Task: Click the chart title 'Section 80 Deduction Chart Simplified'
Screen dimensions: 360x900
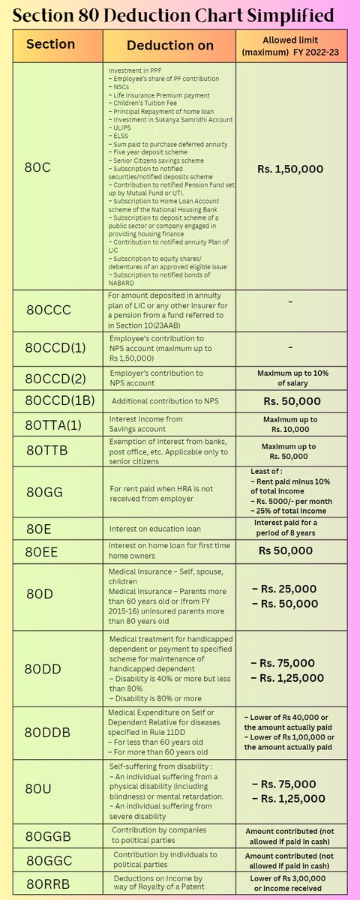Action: pyautogui.click(x=179, y=14)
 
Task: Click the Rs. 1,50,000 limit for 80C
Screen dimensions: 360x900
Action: pyautogui.click(x=290, y=170)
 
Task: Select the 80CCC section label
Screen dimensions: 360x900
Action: pyautogui.click(x=50, y=309)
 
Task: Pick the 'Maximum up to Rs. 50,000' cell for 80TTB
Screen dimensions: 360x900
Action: pyautogui.click(x=289, y=451)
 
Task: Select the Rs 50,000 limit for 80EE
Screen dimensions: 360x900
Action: pyautogui.click(x=286, y=550)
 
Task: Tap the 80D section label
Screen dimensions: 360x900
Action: pyautogui.click(x=39, y=594)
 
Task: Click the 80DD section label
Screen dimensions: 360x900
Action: pyautogui.click(x=43, y=668)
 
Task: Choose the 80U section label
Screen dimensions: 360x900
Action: pyautogui.click(x=37, y=787)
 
